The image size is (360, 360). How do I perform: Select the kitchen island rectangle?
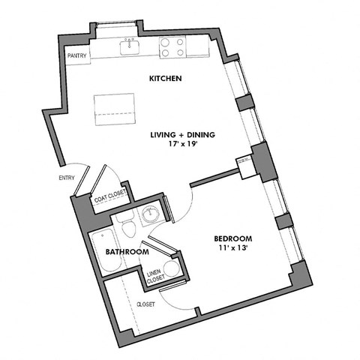(x=114, y=110)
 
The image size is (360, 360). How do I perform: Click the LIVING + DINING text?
(x=182, y=135)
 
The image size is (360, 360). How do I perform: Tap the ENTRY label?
(x=67, y=178)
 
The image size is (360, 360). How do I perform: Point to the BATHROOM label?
(x=127, y=252)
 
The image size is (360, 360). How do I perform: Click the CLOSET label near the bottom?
(x=145, y=304)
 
